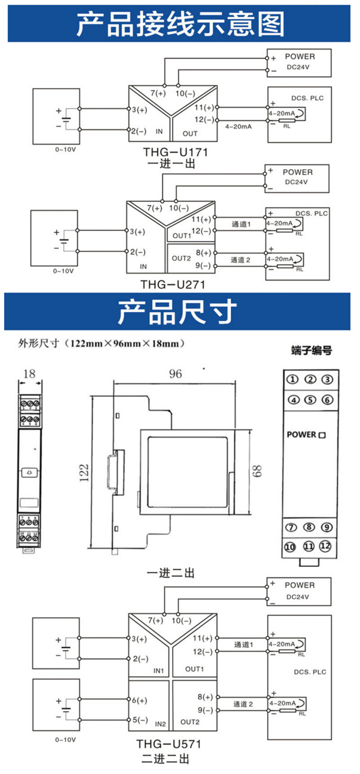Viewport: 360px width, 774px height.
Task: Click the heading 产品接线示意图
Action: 180,24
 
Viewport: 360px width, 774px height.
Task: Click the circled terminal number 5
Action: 309,400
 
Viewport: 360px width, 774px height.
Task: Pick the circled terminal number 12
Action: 325,546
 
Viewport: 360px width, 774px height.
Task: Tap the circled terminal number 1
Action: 292,380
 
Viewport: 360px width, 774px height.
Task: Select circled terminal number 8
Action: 309,528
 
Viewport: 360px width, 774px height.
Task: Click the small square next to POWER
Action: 322,435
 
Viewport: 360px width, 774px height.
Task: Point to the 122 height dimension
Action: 84,473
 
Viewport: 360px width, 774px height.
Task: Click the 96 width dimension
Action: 175,374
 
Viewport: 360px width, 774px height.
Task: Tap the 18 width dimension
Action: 29,374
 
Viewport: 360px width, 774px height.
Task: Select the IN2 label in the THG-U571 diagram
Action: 160,724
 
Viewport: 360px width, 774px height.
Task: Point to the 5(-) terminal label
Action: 139,720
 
